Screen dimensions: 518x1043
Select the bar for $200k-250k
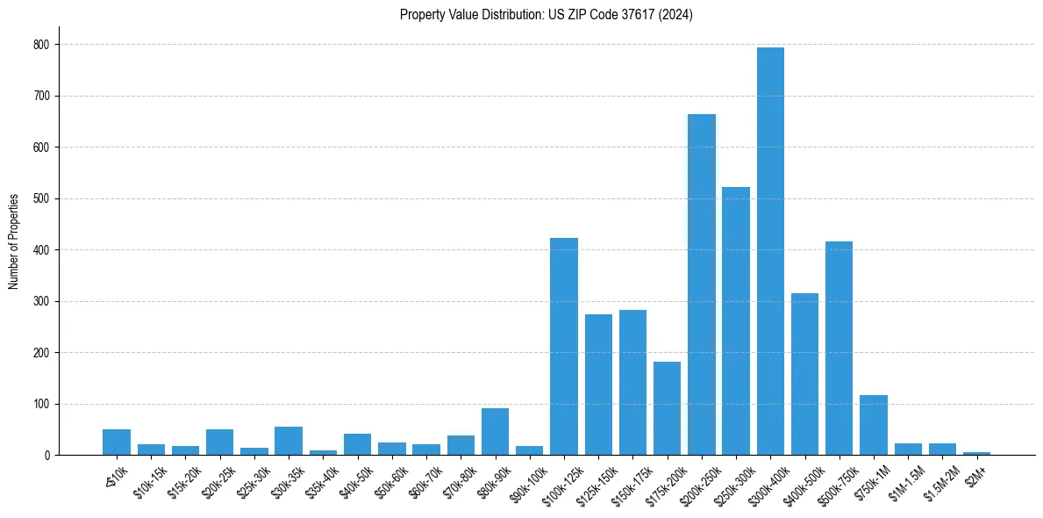pos(702,284)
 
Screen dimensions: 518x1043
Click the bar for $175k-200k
pos(667,408)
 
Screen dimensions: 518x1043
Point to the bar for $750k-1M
pos(874,425)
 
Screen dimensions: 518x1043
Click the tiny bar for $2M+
pos(976,453)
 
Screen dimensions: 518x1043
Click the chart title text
pos(547,15)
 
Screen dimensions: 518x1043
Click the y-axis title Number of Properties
pos(14,241)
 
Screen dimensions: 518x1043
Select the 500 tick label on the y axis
pos(41,198)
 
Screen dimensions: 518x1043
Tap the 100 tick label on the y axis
pos(41,405)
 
